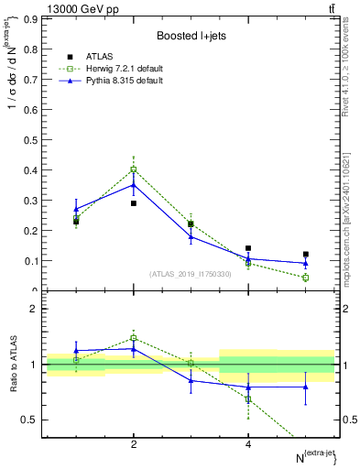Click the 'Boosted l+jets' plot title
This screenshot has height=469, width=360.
point(191,35)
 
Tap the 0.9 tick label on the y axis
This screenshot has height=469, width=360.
point(29,19)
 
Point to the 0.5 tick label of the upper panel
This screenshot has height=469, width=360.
point(29,140)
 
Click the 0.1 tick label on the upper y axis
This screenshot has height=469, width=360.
point(29,261)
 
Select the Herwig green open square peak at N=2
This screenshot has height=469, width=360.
point(134,169)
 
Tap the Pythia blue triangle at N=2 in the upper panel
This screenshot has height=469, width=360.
point(134,184)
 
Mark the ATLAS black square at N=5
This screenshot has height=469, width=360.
point(306,255)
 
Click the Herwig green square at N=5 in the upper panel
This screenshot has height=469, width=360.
point(306,278)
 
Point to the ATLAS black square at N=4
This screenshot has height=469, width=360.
point(248,248)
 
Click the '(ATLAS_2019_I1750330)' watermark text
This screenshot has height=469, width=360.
point(191,274)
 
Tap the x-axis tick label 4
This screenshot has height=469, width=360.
point(248,445)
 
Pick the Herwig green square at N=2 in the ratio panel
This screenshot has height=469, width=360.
point(134,338)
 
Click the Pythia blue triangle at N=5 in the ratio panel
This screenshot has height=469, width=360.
point(306,387)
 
